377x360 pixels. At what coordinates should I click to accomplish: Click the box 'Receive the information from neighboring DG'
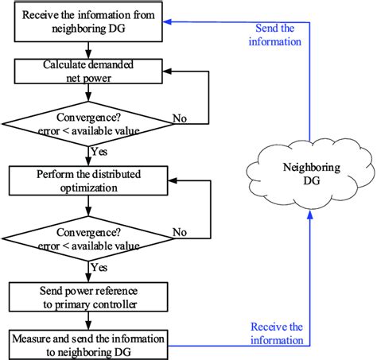point(88,21)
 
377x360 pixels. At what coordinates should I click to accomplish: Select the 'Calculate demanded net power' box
point(88,72)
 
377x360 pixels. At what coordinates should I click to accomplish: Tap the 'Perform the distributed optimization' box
point(88,181)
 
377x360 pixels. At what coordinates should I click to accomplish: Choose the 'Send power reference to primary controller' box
point(88,297)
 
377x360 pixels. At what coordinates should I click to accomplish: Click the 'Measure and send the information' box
point(88,345)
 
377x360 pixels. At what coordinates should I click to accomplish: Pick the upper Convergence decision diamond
point(88,124)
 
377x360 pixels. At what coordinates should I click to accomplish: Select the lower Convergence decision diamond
point(88,238)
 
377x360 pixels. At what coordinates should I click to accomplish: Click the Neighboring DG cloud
point(310,174)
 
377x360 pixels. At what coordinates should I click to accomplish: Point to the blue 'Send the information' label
point(275,35)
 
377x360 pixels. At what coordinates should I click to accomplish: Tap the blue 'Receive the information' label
point(277,334)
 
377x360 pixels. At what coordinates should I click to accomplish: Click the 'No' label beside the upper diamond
point(180,118)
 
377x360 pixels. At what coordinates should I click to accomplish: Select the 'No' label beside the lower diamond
point(180,232)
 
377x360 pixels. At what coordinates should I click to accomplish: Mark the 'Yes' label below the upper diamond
point(99,152)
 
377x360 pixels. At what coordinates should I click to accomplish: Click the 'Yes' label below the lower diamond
point(99,267)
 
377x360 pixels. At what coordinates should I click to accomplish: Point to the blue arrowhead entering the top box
point(167,22)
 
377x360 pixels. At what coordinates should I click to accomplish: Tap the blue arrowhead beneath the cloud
point(309,215)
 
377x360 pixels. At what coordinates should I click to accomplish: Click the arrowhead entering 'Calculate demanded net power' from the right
point(167,72)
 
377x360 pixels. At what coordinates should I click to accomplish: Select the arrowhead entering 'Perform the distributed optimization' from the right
point(173,181)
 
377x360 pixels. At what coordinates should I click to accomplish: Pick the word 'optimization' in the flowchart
point(89,188)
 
